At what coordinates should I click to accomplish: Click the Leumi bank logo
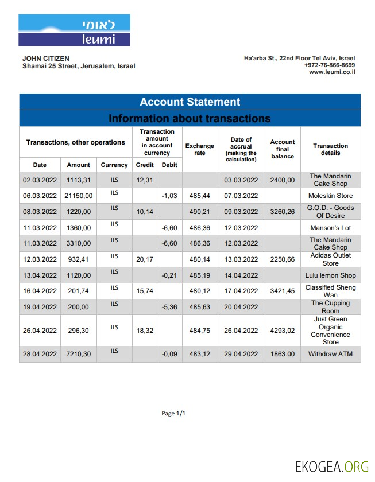point(74,30)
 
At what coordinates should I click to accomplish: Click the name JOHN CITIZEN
point(46,59)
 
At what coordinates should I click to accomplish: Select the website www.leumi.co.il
point(331,72)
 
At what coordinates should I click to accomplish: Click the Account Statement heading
point(190,102)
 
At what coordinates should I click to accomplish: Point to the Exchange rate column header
point(199,150)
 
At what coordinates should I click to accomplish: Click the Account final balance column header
point(282,149)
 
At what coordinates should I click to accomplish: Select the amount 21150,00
point(78,196)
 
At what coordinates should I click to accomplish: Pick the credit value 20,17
point(145,259)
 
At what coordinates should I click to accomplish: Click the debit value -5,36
point(169,307)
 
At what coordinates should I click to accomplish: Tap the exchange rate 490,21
point(200,212)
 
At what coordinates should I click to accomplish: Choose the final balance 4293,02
point(282,331)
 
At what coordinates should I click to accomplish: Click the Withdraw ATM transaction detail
point(330,355)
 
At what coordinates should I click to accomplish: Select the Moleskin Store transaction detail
point(330,196)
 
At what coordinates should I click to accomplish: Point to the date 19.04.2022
point(40,307)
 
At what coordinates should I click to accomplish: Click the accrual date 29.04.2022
point(241,355)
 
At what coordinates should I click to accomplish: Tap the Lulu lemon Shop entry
point(330,275)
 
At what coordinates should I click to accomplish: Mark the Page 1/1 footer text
point(173,414)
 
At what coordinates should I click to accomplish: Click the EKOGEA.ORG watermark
point(332,466)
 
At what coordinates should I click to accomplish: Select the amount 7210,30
point(78,355)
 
